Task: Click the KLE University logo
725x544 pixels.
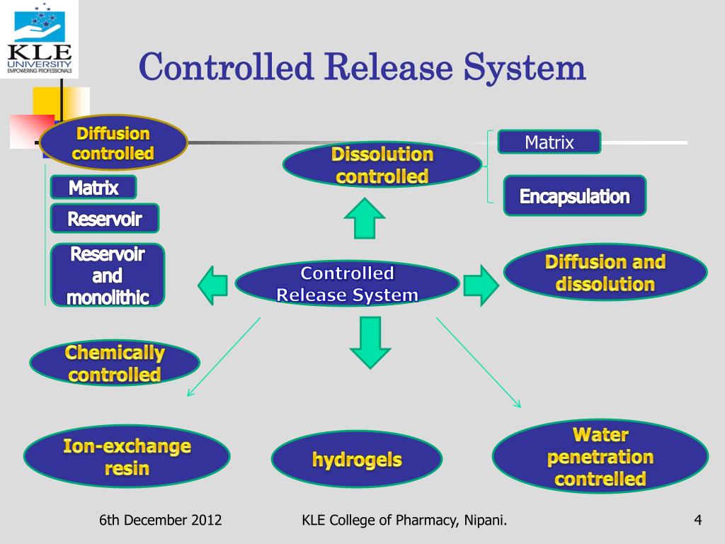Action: point(40,39)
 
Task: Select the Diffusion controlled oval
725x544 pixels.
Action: point(113,143)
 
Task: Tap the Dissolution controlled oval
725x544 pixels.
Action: point(382,165)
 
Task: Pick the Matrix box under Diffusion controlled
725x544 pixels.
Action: point(93,188)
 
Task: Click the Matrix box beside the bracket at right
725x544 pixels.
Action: point(549,142)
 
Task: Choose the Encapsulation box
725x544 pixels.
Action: point(574,196)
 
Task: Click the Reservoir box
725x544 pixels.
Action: point(105,219)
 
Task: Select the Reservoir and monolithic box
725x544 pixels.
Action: point(108,275)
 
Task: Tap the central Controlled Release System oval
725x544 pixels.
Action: point(347,284)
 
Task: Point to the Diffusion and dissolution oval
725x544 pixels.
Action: point(605,273)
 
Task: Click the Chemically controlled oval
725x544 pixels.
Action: point(115,363)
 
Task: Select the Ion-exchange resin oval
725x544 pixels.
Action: point(127,458)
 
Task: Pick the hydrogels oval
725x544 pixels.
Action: point(357,460)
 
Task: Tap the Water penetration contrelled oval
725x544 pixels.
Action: point(600,456)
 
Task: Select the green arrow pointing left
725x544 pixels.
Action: point(212,285)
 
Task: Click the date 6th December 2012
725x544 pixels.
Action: point(161,521)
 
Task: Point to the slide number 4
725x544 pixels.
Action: point(697,521)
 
